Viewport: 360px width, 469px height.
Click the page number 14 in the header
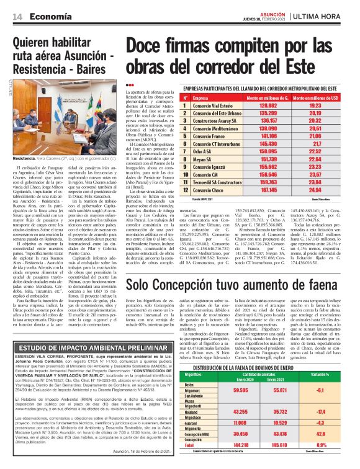click(x=19, y=17)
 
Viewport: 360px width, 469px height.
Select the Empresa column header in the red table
click(x=200, y=99)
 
